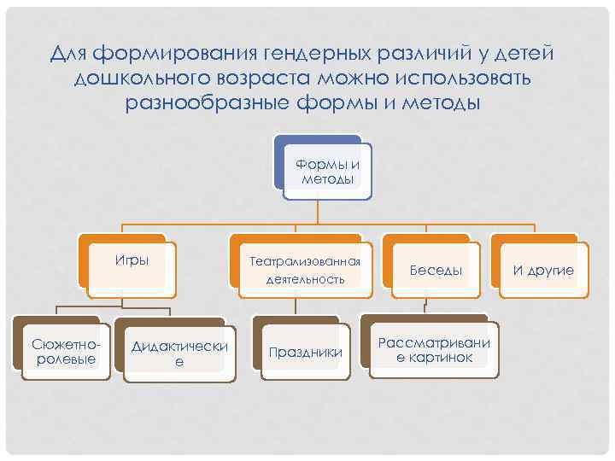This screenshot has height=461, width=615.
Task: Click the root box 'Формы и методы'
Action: click(x=327, y=172)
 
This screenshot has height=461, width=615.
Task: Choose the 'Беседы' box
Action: click(x=436, y=271)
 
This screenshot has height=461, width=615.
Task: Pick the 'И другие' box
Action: click(x=543, y=271)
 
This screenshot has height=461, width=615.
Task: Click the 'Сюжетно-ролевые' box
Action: click(x=60, y=351)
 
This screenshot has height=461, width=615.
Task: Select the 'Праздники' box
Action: click(x=305, y=352)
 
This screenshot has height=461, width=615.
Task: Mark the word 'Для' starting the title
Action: click(x=68, y=55)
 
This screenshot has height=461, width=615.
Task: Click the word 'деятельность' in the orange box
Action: click(x=305, y=279)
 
